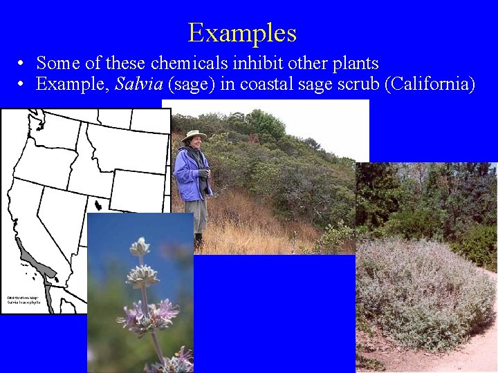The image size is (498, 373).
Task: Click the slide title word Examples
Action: click(242, 32)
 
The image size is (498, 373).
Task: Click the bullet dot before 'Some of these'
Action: click(22, 64)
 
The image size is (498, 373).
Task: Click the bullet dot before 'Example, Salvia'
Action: click(22, 85)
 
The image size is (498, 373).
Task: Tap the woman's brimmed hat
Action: click(194, 135)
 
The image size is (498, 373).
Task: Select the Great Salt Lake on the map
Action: click(100, 205)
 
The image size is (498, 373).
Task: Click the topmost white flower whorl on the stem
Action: click(140, 247)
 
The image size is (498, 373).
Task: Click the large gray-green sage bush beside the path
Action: click(422, 290)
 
